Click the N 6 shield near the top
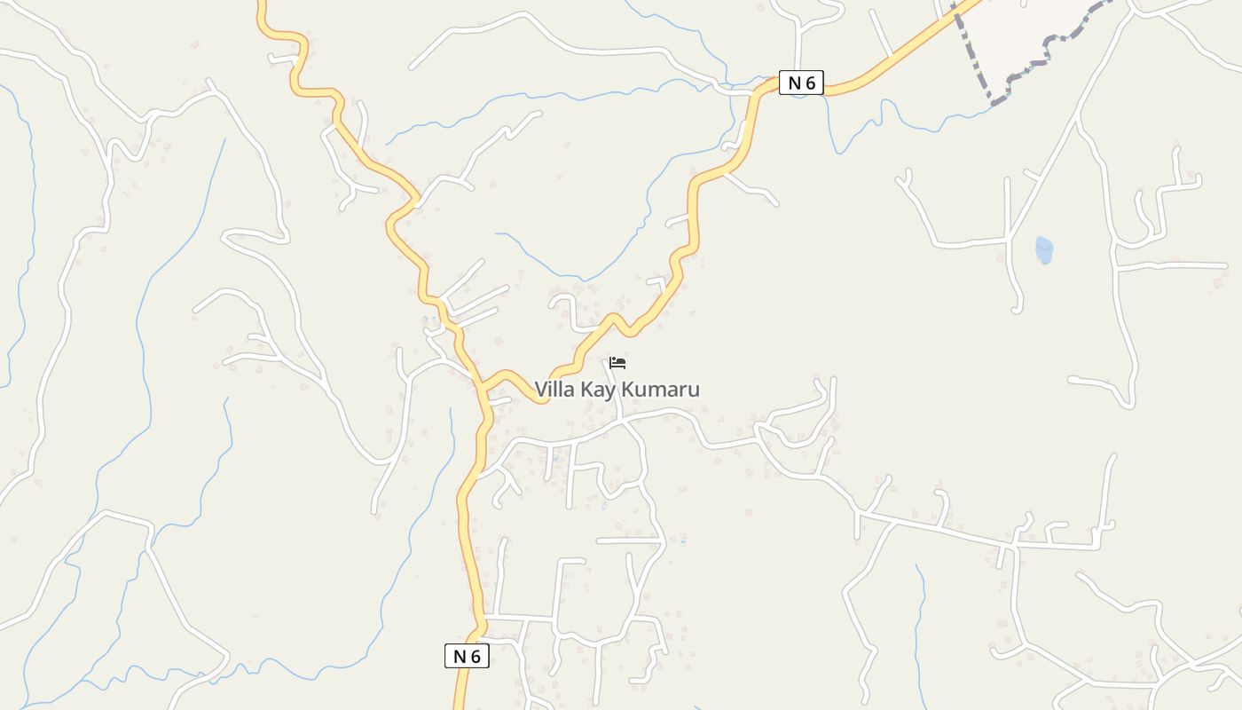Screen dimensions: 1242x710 pos(801,83)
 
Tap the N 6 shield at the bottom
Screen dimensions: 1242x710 pos(467,657)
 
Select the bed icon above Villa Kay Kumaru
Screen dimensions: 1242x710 pos(617,363)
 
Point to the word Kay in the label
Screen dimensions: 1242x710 pos(598,390)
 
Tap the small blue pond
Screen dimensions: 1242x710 pos(1044,250)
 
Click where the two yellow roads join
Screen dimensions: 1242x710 pos(484,389)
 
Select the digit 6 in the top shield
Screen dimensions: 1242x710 pos(811,83)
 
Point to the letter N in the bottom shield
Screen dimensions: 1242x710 pos(460,657)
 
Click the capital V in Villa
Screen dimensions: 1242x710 pos(540,390)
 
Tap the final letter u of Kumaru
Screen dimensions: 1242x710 pos(694,390)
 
